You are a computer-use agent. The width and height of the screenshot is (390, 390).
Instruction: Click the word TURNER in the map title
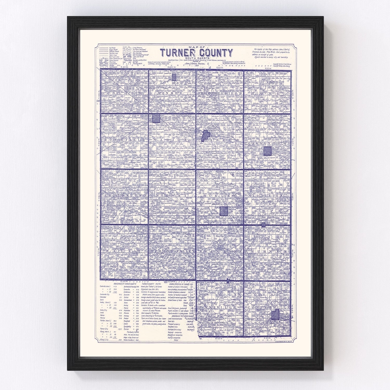click(x=176, y=53)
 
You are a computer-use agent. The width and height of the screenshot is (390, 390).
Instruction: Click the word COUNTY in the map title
click(x=214, y=53)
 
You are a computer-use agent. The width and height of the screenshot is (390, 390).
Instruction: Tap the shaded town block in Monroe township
click(x=174, y=77)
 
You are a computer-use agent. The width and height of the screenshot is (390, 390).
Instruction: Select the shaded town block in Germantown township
click(x=267, y=151)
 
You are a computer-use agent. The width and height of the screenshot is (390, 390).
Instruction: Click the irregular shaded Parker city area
click(x=206, y=135)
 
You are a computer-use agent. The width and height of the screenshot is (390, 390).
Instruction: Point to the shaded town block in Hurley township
click(x=224, y=211)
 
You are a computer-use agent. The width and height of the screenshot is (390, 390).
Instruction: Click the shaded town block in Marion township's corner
click(x=156, y=118)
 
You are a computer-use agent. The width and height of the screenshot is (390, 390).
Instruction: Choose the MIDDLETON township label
click(x=266, y=195)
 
